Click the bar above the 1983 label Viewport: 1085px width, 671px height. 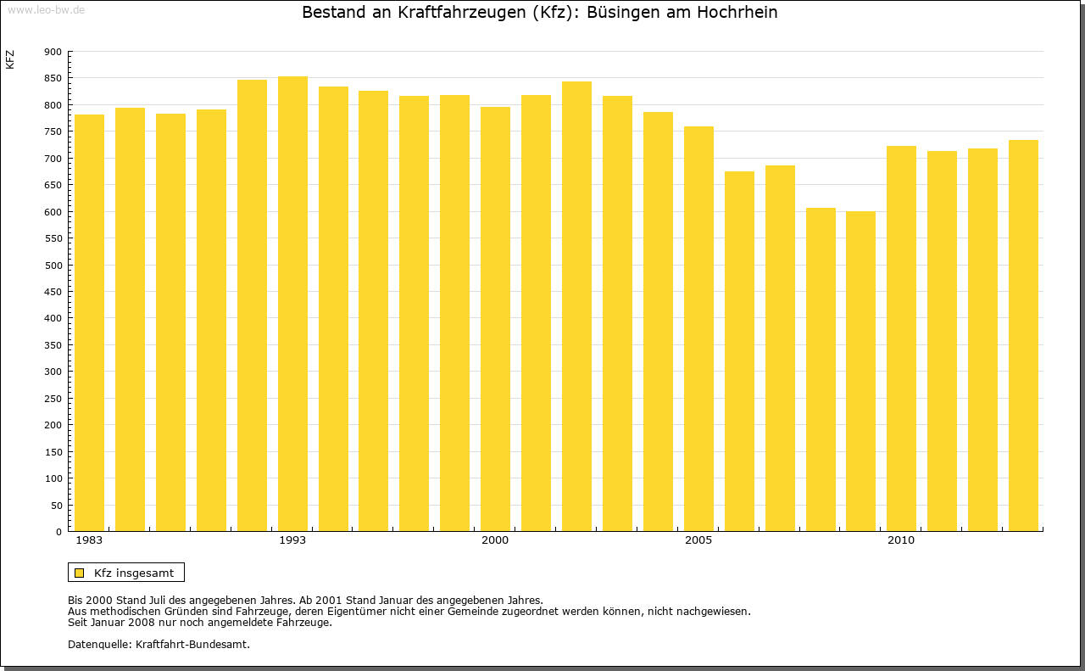tap(89, 322)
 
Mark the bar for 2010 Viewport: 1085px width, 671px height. tap(901, 338)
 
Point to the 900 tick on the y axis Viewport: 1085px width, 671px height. tap(53, 52)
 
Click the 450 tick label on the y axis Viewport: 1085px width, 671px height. tap(53, 292)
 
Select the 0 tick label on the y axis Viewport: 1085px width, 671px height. tap(58, 532)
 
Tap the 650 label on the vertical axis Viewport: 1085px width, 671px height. tap(53, 185)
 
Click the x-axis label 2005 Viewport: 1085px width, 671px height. tap(698, 540)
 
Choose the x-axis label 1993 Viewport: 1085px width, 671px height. tap(292, 540)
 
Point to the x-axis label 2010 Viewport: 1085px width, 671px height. tap(901, 540)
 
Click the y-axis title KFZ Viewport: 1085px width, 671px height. tap(10, 59)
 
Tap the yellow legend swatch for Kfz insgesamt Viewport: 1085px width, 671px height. tap(79, 573)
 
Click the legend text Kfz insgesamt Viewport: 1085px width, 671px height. tap(134, 573)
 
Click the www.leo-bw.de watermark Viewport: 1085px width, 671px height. tap(46, 9)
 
